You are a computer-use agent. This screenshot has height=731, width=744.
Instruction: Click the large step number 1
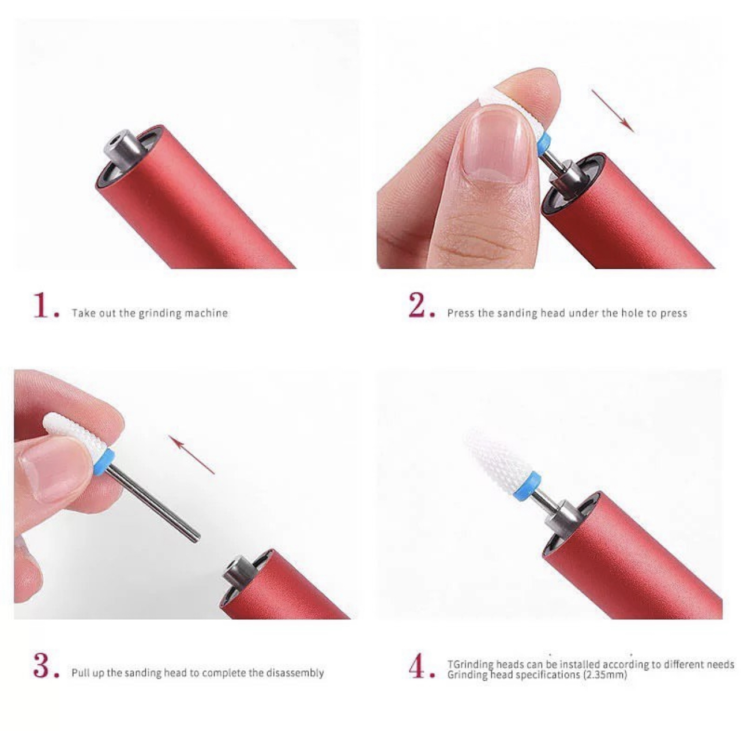(43, 305)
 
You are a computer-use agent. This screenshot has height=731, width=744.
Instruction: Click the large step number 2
(418, 305)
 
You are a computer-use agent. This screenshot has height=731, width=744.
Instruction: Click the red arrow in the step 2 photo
(613, 111)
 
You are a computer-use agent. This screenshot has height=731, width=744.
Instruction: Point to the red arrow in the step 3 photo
(191, 454)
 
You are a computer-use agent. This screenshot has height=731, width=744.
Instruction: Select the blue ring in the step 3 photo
(103, 461)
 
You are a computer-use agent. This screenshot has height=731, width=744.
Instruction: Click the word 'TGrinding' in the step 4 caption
(471, 665)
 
